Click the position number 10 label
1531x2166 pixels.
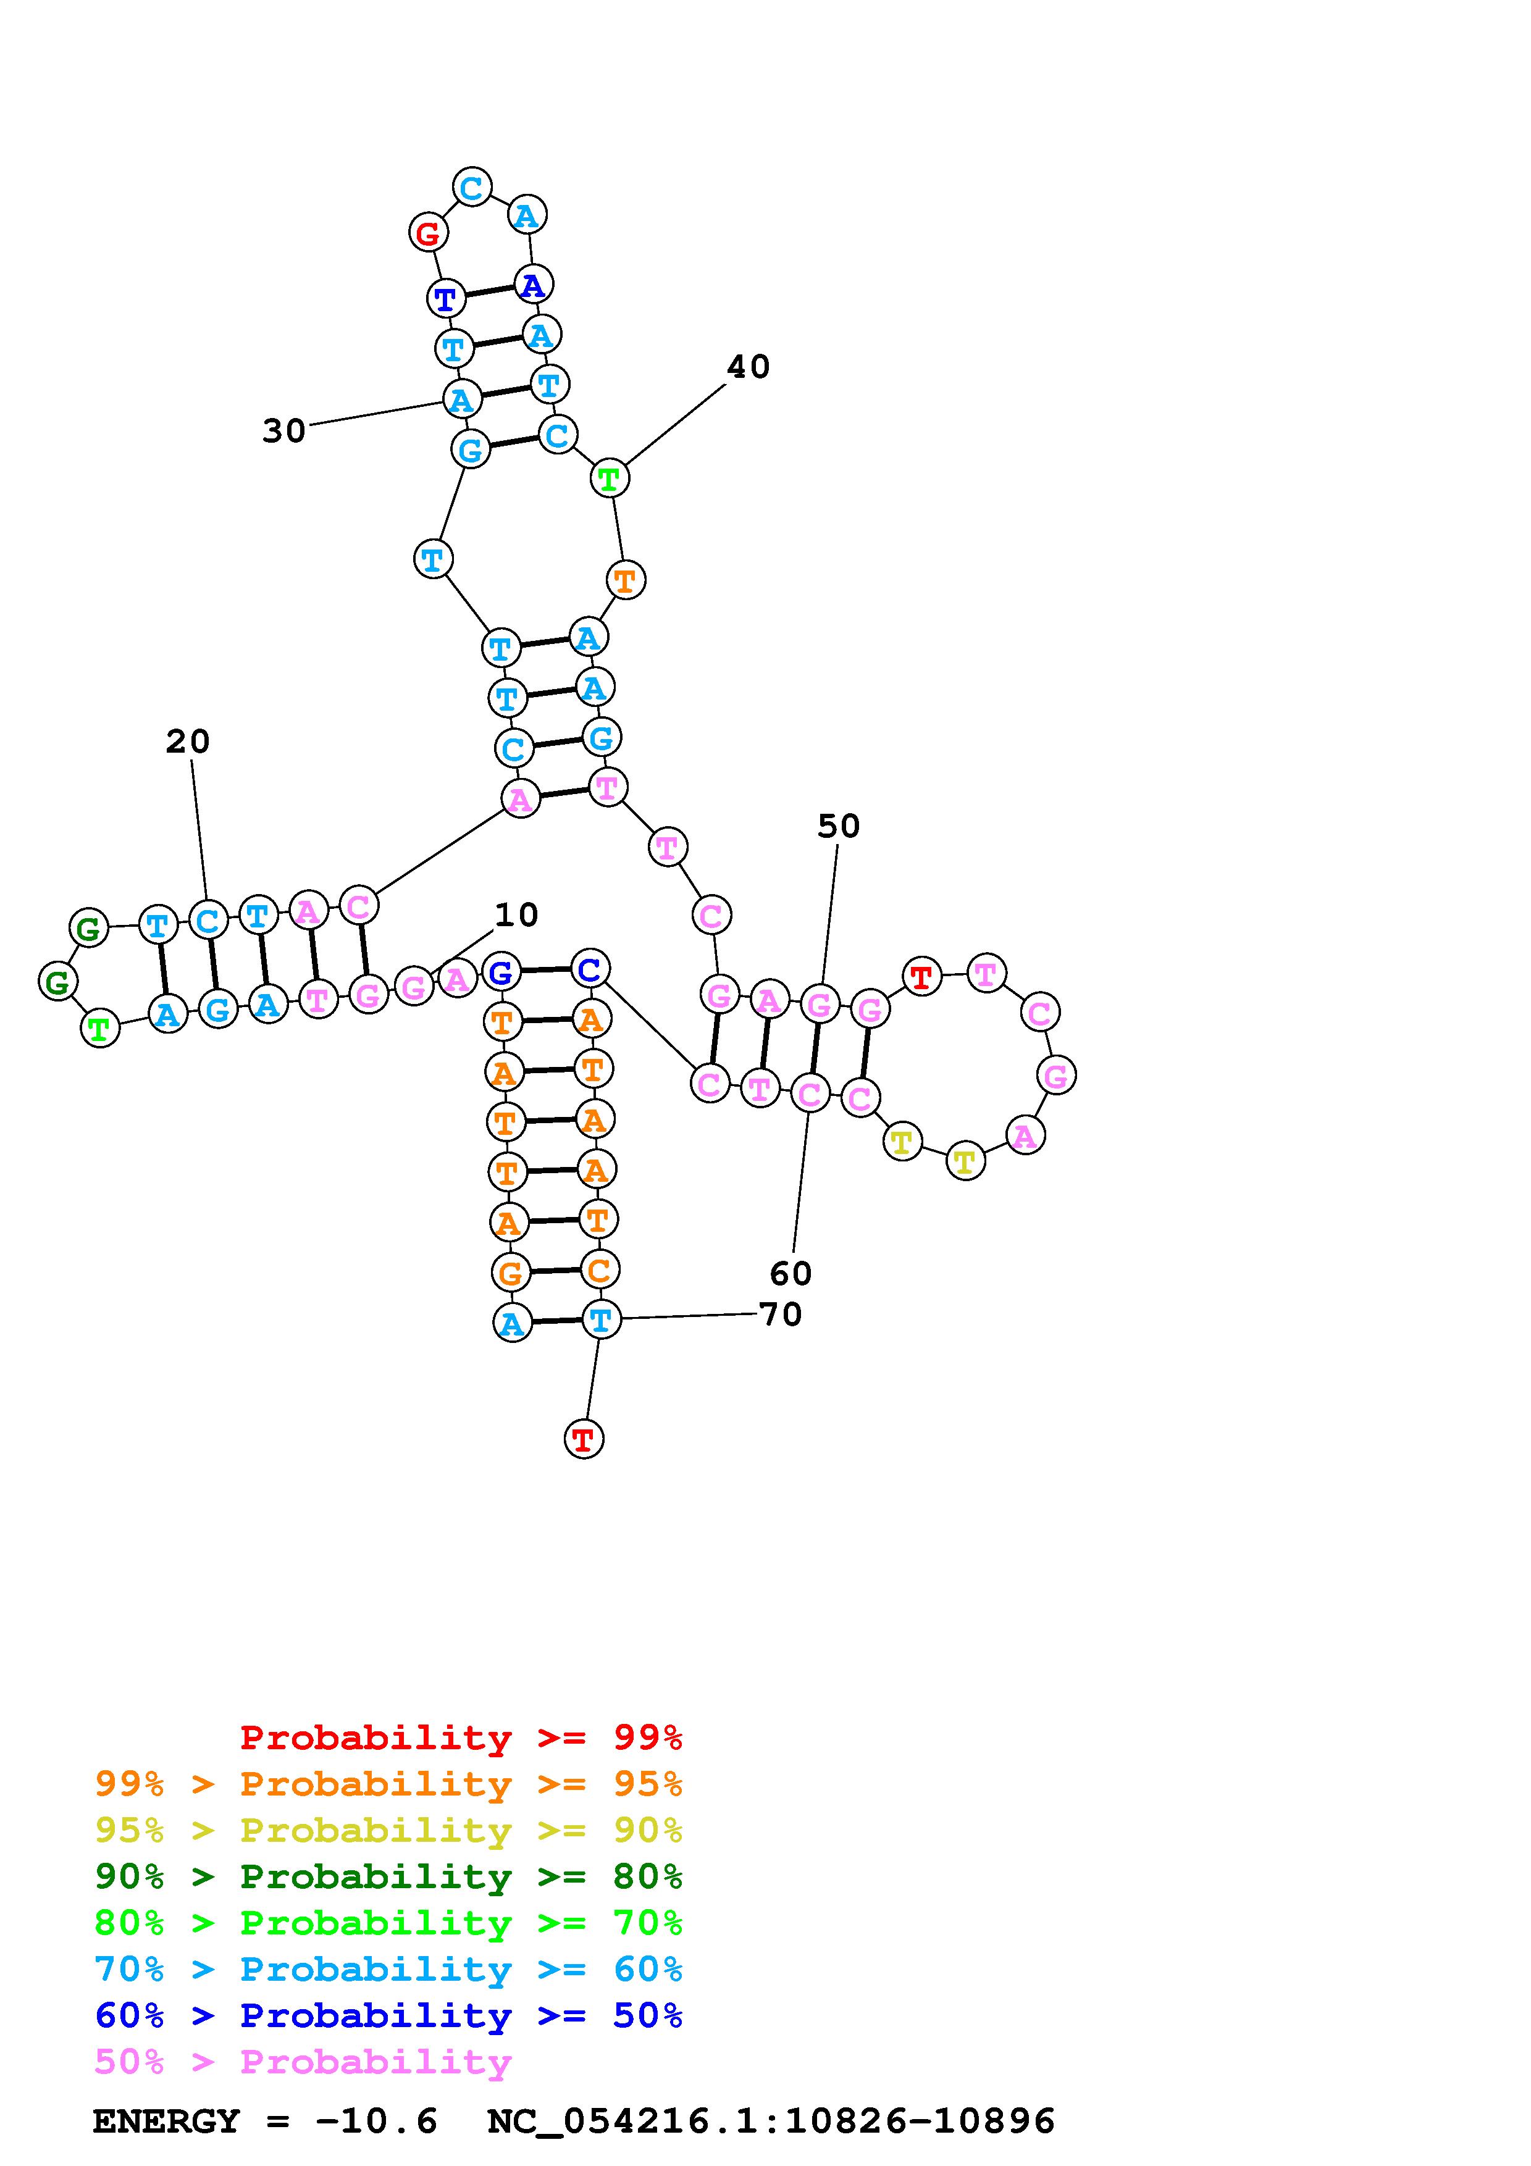pyautogui.click(x=516, y=914)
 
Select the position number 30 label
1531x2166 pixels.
pyautogui.click(x=284, y=431)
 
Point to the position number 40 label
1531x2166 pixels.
pyautogui.click(x=748, y=367)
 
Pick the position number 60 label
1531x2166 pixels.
pyautogui.click(x=791, y=1274)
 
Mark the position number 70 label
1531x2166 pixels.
pyautogui.click(x=780, y=1314)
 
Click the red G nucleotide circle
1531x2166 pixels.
pyautogui.click(x=428, y=232)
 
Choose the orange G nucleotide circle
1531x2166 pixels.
pyautogui.click(x=510, y=1274)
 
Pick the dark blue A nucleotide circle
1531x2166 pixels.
pyautogui.click(x=533, y=284)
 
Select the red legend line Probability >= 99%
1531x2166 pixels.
pyautogui.click(x=461, y=1737)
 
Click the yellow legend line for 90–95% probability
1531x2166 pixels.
pyautogui.click(x=388, y=1831)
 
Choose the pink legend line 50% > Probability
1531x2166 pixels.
pyautogui.click(x=304, y=2062)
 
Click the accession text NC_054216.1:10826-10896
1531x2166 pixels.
pyautogui.click(x=771, y=2122)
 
